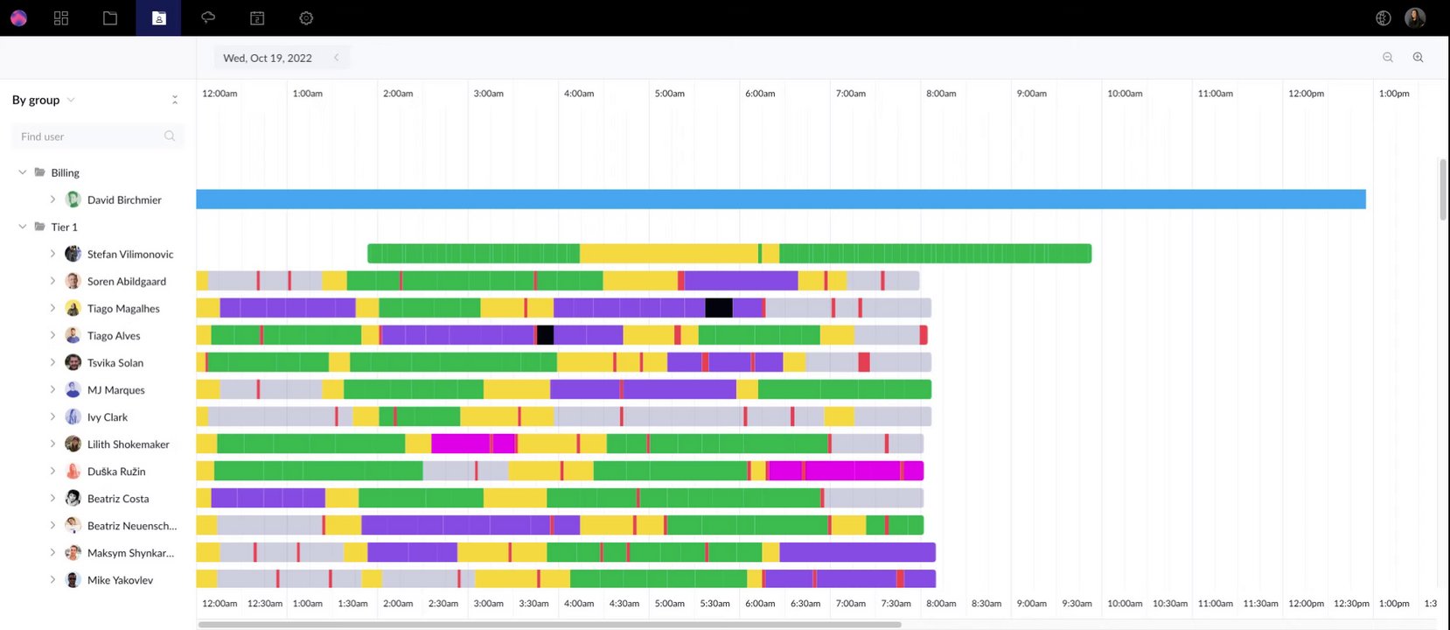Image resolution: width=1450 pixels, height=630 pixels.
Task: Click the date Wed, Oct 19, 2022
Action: [x=268, y=58]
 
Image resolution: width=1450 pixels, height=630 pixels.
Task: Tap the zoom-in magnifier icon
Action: [x=1418, y=58]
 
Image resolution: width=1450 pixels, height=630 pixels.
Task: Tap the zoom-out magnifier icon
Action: [x=1387, y=58]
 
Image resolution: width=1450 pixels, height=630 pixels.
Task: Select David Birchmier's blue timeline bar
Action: [x=780, y=199]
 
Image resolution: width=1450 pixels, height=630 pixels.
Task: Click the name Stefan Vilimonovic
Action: [x=130, y=255]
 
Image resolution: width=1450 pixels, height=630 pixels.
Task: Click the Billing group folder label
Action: [x=65, y=173]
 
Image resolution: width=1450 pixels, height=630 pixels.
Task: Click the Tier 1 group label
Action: [x=64, y=227]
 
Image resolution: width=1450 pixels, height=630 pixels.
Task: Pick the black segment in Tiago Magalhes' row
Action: [x=719, y=308]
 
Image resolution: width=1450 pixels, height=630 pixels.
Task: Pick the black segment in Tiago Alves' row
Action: [x=545, y=335]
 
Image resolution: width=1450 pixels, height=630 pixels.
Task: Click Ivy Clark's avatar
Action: [x=73, y=417]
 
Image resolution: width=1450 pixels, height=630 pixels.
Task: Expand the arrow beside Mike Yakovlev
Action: [x=52, y=580]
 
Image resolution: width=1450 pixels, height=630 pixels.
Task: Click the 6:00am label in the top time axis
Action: [x=760, y=94]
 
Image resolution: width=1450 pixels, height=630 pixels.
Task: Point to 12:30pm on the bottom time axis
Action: [x=1351, y=604]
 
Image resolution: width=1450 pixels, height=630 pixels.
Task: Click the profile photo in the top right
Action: [x=1414, y=17]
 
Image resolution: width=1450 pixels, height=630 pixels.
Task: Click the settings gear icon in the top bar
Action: [x=306, y=18]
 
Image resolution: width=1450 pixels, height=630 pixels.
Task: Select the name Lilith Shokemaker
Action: [x=128, y=444]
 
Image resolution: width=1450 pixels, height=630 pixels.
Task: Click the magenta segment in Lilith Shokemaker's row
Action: [x=461, y=444]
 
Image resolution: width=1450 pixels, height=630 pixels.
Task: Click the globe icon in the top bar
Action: [x=1383, y=18]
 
